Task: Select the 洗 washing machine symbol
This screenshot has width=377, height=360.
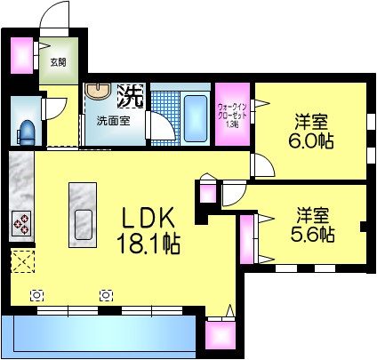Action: point(131,92)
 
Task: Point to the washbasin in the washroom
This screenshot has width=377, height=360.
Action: point(95,93)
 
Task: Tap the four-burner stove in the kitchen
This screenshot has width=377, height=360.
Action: point(20,223)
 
